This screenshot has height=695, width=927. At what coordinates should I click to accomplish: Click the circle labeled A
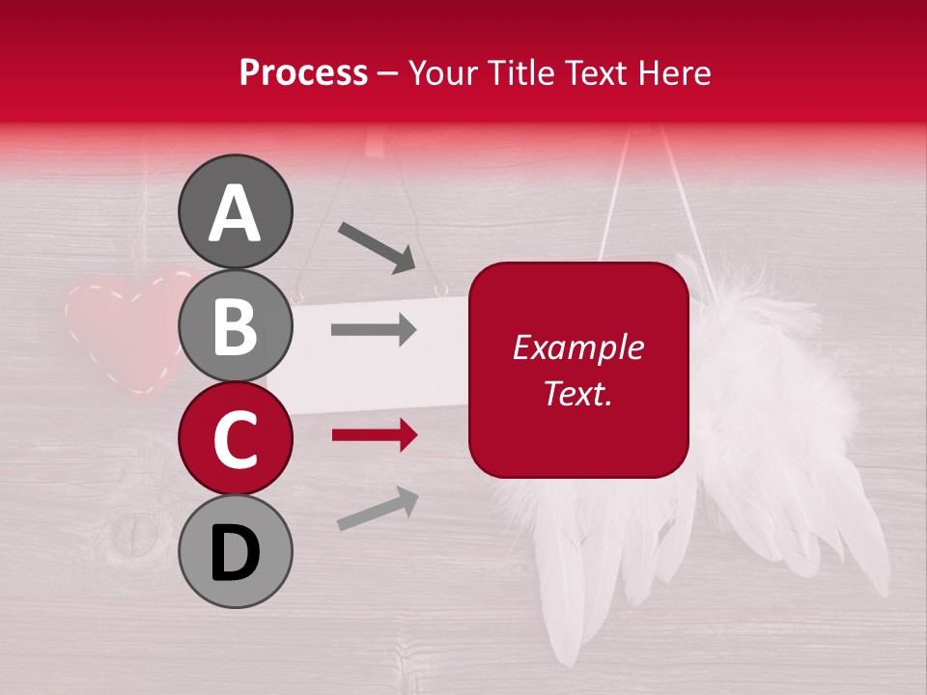[x=236, y=211]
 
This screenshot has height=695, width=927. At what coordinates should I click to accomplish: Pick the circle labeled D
[x=236, y=551]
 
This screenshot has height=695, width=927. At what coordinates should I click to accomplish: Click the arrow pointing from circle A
[x=377, y=247]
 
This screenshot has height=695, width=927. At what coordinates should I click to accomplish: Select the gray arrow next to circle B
[x=374, y=330]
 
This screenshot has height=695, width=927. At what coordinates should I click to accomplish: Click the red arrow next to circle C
[x=374, y=435]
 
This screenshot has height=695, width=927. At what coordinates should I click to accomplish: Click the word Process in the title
[x=303, y=72]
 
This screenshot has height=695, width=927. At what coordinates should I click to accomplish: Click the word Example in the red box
[x=577, y=347]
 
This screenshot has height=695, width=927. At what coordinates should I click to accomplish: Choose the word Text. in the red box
[x=577, y=393]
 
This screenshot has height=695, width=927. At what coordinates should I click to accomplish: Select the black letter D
[x=236, y=553]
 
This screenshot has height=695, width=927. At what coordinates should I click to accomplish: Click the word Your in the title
[x=446, y=72]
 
